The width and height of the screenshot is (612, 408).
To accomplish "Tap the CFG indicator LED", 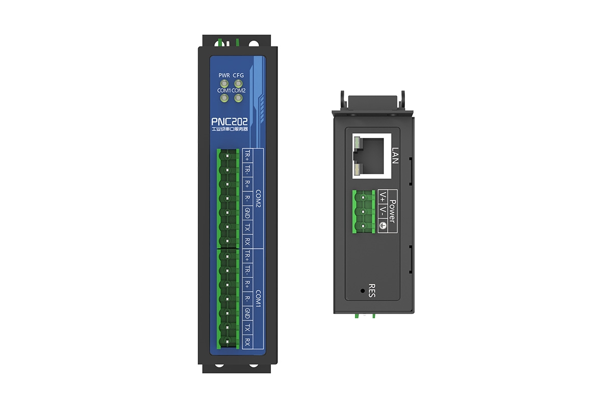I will coord(238,84).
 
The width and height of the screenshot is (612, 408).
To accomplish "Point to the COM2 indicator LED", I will coord(238,98).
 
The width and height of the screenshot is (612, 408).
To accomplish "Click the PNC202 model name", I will coord(229,122).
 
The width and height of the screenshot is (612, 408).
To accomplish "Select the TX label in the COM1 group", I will coord(247,327).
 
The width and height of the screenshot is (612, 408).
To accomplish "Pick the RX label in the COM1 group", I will coord(247,342).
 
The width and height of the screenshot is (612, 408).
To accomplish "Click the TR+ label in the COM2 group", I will coord(247,155).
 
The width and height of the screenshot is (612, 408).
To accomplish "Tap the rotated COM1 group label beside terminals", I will coord(258,299).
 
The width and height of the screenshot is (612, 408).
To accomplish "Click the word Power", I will coord(393,211).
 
